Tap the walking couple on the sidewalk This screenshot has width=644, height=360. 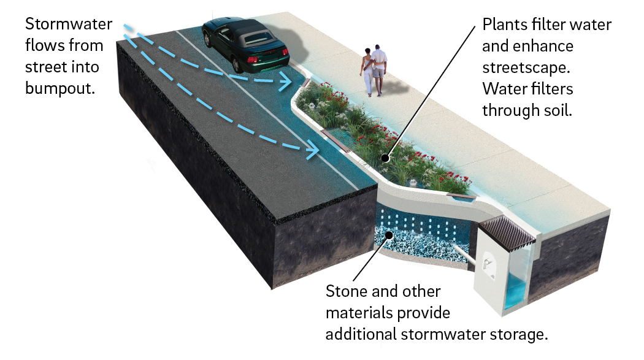click(375, 71)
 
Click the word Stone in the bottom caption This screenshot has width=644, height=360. click(347, 291)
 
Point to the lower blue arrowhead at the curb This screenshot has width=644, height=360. click(313, 148)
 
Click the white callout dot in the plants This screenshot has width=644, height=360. click(385, 158)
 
